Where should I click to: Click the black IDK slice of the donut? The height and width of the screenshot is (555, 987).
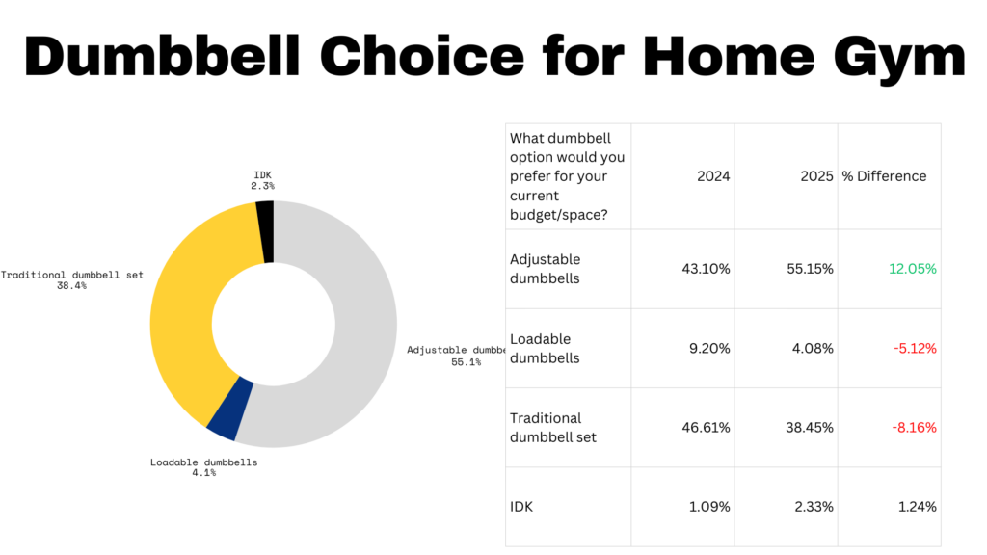pos(266,231)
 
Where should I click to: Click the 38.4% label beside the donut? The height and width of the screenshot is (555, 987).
pos(71,285)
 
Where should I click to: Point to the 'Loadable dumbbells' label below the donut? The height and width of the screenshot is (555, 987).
pos(204,462)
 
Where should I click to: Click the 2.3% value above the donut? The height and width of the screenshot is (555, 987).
pos(262,186)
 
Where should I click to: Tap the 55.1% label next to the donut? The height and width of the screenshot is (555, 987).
pos(467,362)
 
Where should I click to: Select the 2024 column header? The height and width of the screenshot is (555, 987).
pos(713,176)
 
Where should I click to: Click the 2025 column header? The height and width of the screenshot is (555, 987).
pos(817,176)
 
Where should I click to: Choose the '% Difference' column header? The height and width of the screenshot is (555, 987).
pos(885,176)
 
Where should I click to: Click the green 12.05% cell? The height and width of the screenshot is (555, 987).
pos(913,269)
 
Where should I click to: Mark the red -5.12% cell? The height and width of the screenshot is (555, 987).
pos(916,348)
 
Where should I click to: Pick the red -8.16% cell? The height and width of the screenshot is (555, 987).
pos(914,427)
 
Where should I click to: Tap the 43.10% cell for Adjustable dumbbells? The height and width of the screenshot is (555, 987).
pos(707,269)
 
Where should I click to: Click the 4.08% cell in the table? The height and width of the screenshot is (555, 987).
pos(813,348)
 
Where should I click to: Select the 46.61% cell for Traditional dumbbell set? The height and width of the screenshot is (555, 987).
pos(707,427)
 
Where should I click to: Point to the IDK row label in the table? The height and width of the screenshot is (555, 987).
pos(521,507)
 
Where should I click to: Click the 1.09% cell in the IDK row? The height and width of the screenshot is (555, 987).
pos(709,507)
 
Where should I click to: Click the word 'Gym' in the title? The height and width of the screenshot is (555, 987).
pos(900,58)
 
